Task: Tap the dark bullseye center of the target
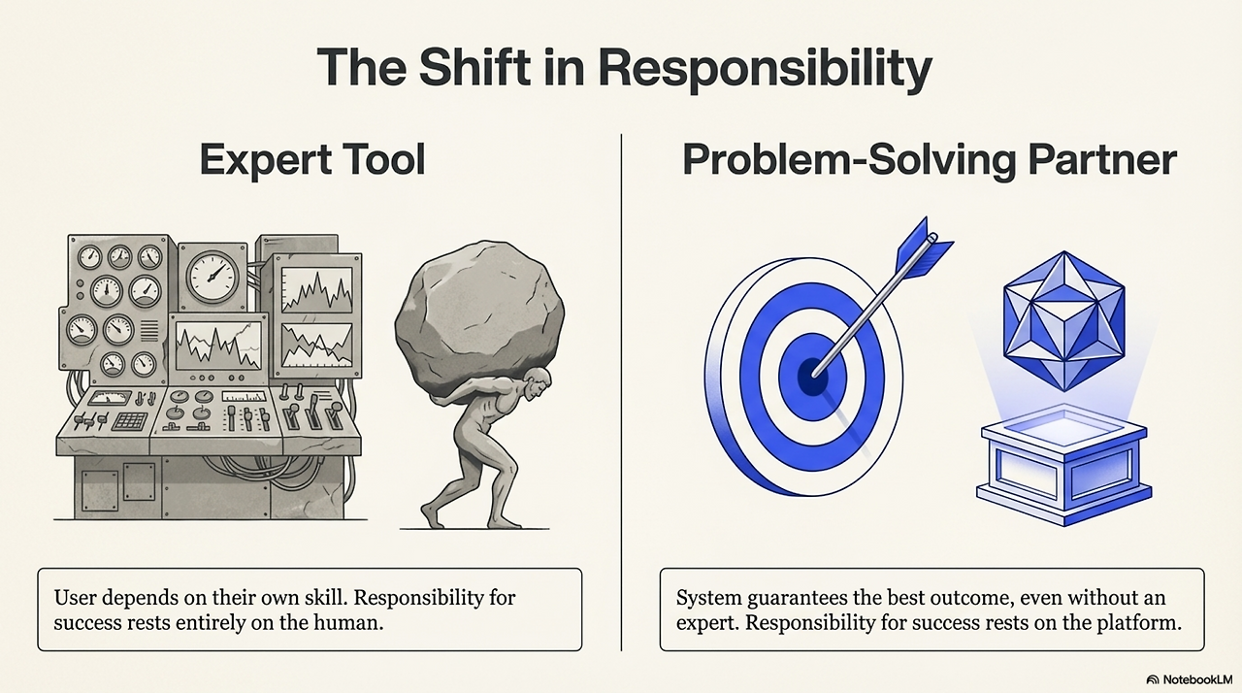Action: click(x=812, y=375)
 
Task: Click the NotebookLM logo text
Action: click(x=1194, y=679)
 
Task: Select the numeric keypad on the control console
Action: click(x=129, y=421)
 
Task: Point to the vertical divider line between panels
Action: click(x=621, y=388)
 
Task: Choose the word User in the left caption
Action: click(x=77, y=597)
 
